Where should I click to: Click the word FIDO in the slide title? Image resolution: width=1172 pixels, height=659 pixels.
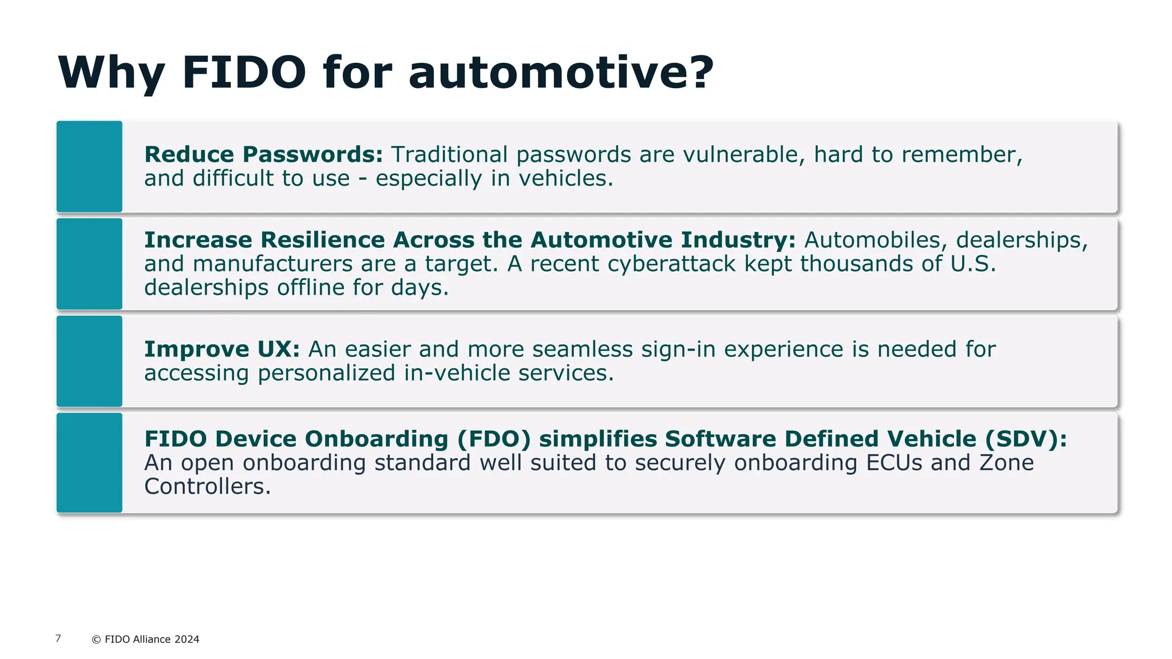(x=244, y=73)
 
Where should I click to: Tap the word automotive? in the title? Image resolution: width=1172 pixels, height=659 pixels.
(x=561, y=73)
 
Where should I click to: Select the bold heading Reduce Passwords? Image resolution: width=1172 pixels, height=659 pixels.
(x=263, y=154)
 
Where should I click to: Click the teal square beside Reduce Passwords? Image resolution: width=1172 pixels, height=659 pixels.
(x=89, y=166)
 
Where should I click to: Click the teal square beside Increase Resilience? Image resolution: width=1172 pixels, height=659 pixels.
(x=89, y=264)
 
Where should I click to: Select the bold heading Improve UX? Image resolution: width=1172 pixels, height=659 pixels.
(x=222, y=349)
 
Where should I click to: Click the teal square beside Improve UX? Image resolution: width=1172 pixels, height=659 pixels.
(x=89, y=361)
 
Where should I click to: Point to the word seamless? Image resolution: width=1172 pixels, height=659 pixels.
(x=583, y=349)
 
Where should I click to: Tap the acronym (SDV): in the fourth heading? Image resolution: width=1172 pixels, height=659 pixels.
(x=1026, y=439)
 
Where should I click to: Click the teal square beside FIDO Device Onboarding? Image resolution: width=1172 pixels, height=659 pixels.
(x=89, y=462)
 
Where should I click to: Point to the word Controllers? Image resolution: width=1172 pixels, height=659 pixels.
(x=207, y=486)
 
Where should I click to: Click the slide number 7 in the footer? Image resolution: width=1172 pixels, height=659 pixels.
(x=58, y=638)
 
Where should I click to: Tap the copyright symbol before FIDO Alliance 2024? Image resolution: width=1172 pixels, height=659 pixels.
(x=96, y=640)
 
